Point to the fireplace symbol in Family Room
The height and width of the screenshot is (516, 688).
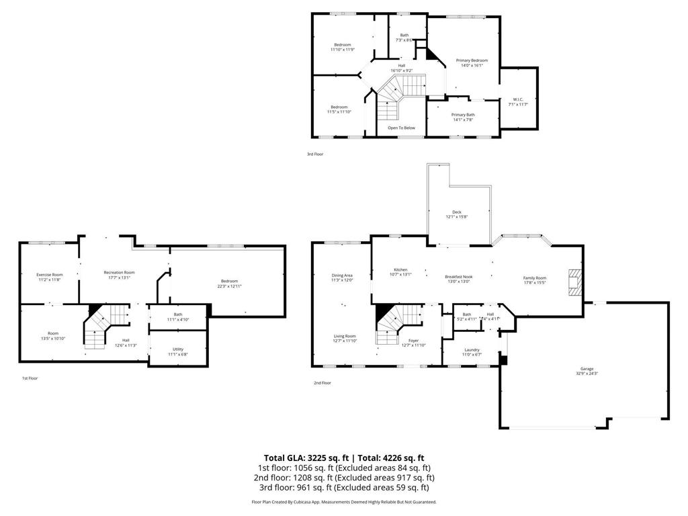coord(574,282)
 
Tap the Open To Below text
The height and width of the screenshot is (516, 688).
coord(401,128)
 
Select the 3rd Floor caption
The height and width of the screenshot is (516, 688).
coord(315,155)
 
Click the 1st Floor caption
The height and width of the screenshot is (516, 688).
coord(30,378)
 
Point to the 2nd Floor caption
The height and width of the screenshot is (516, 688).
coord(322,383)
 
